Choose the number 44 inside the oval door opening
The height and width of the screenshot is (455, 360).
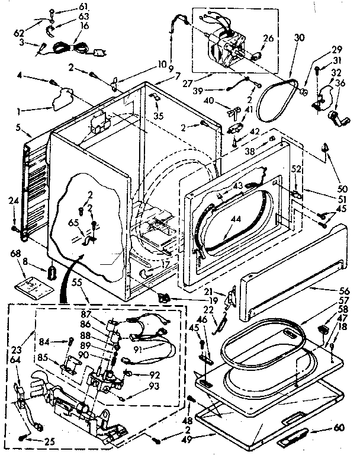[x=236, y=219]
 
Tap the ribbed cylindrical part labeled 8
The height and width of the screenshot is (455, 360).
[x=52, y=274]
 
